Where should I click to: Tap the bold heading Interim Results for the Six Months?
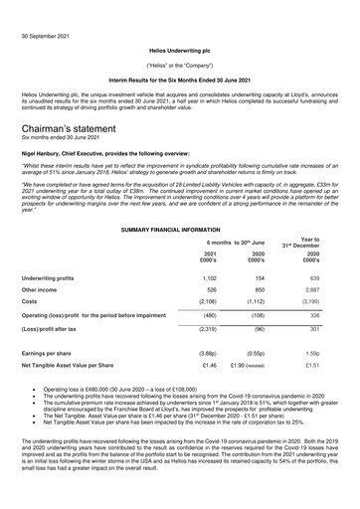tap(179, 78)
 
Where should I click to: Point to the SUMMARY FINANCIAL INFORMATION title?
tap(179, 230)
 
